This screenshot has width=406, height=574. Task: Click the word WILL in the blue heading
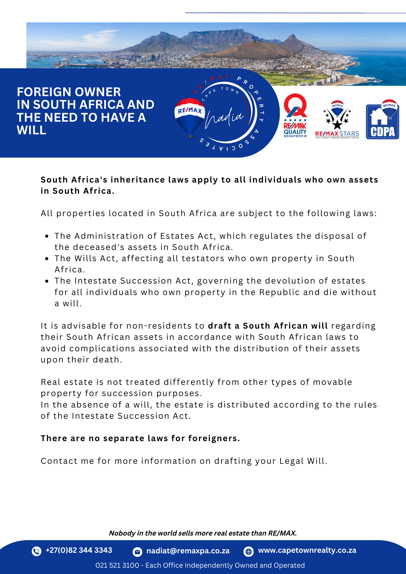pos(32,130)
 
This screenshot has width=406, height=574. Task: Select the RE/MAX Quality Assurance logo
pos(295,115)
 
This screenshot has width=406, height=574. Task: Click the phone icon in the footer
pos(36,551)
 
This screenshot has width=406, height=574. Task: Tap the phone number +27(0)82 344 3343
pos(79,550)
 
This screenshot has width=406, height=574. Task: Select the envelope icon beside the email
pos(138,551)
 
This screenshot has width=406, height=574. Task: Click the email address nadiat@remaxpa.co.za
pos(188,551)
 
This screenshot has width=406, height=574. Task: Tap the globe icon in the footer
pos(248,551)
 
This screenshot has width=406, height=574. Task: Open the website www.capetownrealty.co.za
pos(307,550)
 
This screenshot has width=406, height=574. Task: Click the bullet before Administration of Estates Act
pos(47,236)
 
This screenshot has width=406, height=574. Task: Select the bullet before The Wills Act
pos(47,259)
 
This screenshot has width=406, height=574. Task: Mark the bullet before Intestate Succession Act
pos(47,281)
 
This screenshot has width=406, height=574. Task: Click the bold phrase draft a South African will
pos(268,326)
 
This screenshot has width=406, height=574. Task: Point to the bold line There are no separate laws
pos(140,438)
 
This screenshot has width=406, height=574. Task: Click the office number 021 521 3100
pos(117,565)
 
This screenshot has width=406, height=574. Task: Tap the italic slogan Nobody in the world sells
pos(203,533)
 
